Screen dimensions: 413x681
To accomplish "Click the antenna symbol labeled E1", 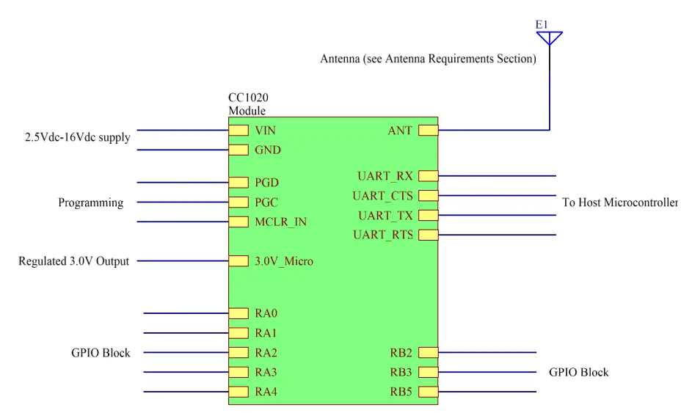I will point(549,37).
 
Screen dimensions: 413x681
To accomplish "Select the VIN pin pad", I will point(238,131).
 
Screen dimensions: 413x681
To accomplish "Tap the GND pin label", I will point(268,150).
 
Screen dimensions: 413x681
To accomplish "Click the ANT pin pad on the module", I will point(428,131).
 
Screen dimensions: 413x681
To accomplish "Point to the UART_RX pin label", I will point(385,176).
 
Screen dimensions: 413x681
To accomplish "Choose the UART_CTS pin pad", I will point(428,196).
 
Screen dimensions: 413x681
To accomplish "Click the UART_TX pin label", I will point(386,216).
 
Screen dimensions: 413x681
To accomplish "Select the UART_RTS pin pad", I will point(428,235).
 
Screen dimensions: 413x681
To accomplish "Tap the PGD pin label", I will point(268,183).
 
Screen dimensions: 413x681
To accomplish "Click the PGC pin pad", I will point(238,202).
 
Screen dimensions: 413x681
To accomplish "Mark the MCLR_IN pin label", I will point(280,222).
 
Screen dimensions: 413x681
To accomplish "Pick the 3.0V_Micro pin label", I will point(284,261).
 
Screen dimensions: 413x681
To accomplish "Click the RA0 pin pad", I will point(238,313).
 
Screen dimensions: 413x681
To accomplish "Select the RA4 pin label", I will point(266,392).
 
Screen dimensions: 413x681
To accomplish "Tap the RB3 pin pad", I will point(428,372).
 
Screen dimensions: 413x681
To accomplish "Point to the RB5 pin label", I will point(401,392).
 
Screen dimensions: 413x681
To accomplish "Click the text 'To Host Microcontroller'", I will point(620,202).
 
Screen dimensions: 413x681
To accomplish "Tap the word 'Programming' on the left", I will point(90,202).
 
